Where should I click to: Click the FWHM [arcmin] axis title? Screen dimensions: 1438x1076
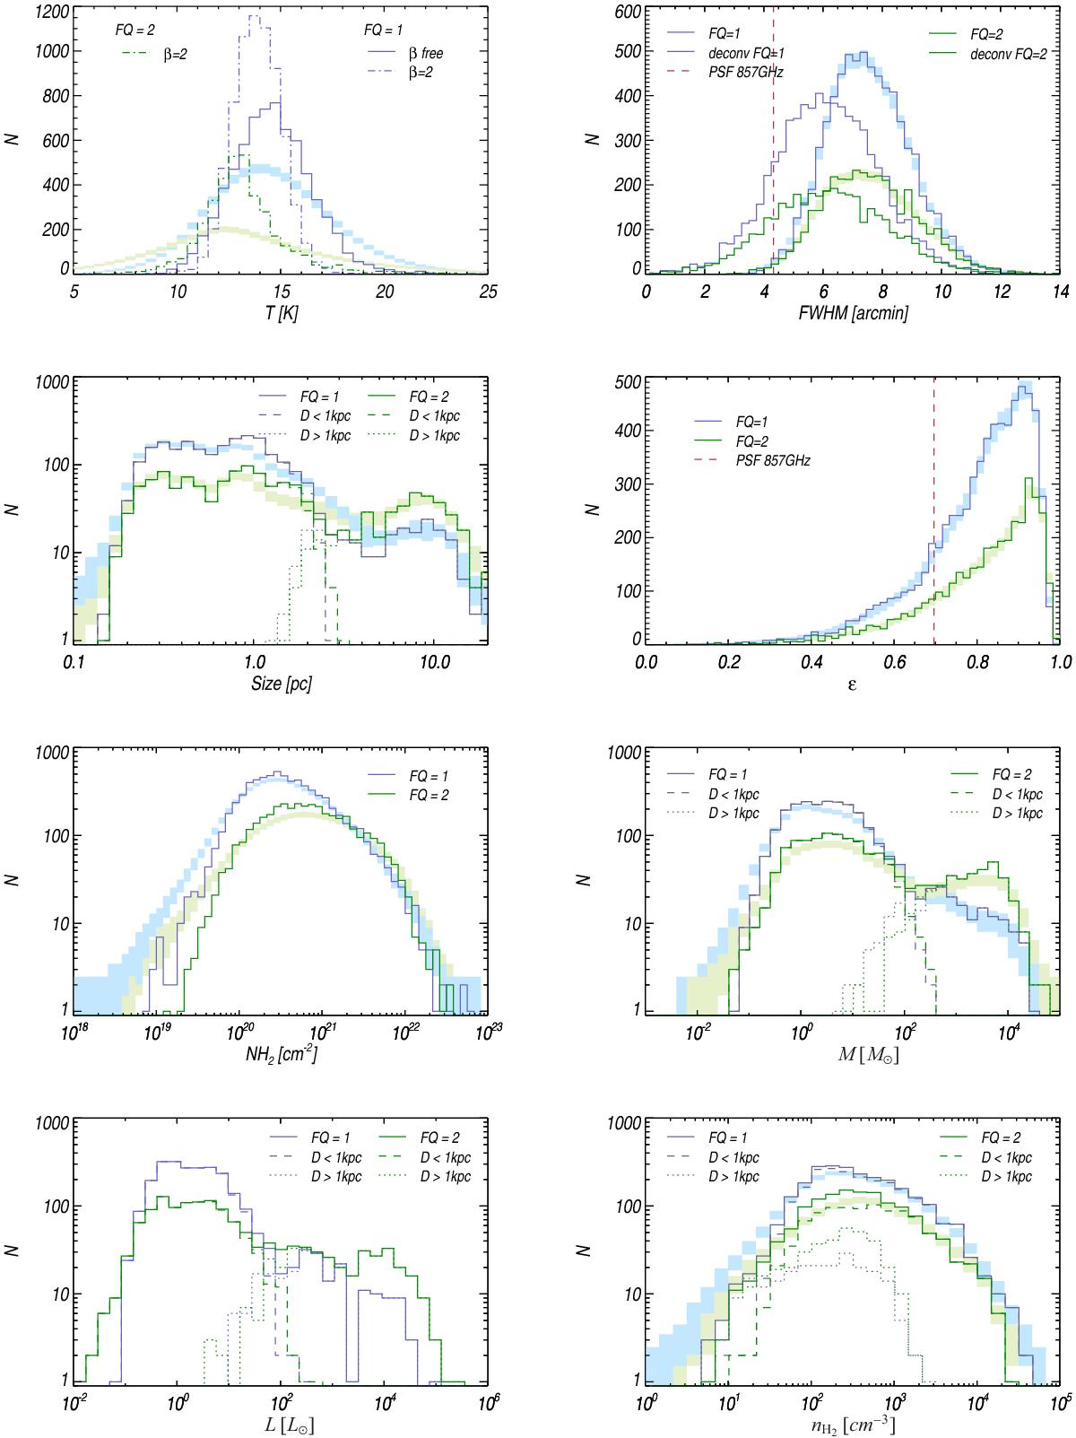tap(852, 315)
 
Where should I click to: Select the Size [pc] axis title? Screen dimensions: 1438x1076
tap(281, 684)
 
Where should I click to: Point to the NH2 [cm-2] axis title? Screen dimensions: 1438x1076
tap(281, 1055)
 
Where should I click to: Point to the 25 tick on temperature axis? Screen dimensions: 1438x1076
tap(488, 292)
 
